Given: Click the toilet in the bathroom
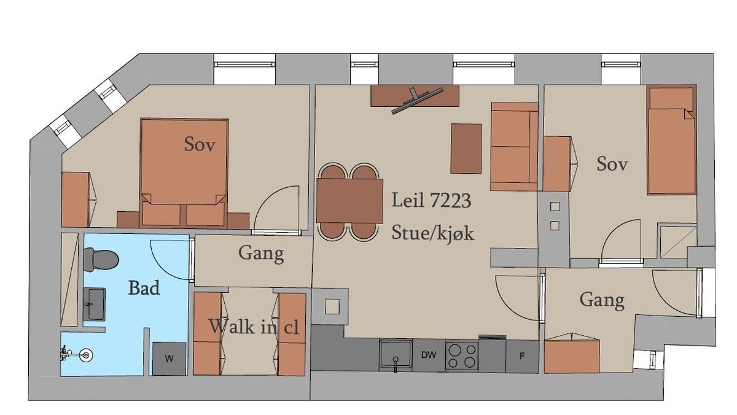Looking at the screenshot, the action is point(101,260).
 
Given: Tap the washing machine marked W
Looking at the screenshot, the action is point(170,359).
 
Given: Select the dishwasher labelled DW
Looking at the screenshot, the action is point(429,355).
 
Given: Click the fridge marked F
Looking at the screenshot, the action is point(522,356).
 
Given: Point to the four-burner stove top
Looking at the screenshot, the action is point(462,356).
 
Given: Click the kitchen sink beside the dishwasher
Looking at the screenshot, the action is point(396,354).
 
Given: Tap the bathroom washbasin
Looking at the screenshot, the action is point(94,304).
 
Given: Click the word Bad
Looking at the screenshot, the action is point(144,288).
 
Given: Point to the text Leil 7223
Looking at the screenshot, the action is point(431,200).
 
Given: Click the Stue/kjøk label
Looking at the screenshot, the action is point(432,233).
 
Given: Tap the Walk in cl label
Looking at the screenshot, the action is point(254,327).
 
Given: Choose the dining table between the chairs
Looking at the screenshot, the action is point(349,201).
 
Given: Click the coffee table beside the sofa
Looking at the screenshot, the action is point(466,149).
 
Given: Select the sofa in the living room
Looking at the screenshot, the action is point(514,147).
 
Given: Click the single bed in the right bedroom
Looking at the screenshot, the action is point(672,140).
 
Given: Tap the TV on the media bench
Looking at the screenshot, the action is point(417,100).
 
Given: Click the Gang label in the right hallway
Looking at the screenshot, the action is point(602,301).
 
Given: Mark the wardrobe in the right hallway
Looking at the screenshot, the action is point(572,355).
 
